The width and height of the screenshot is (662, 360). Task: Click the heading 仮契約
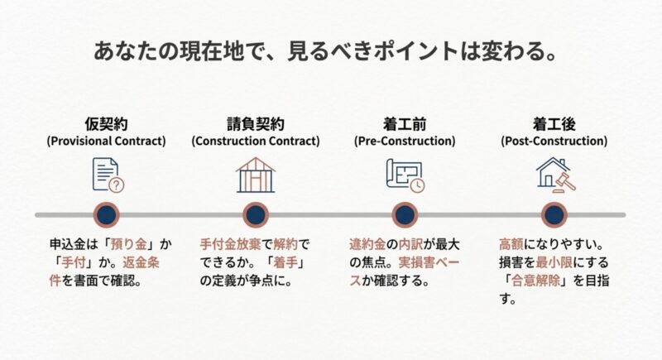tap(106, 124)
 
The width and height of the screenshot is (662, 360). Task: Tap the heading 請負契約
tap(256, 124)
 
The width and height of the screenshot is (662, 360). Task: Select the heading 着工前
tap(404, 124)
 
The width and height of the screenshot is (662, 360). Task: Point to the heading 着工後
tap(554, 124)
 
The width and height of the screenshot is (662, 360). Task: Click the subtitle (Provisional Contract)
tap(106, 142)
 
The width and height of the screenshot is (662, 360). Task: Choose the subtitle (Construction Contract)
tap(256, 142)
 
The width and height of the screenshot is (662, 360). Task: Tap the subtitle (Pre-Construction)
tap(404, 142)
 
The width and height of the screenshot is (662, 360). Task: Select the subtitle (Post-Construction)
tap(554, 142)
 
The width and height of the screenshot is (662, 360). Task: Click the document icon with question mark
tap(106, 175)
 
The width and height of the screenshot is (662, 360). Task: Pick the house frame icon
tap(256, 175)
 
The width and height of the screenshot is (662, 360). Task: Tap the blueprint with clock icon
tap(404, 175)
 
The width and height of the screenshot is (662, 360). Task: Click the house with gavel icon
tap(554, 175)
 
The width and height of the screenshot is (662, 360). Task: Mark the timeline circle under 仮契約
tap(106, 215)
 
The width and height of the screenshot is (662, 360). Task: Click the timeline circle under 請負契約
tap(256, 215)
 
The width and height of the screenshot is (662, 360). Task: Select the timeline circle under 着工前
tap(404, 215)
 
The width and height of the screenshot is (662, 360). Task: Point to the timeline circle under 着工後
tap(554, 215)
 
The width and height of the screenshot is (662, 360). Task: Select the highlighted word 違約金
tap(367, 245)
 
